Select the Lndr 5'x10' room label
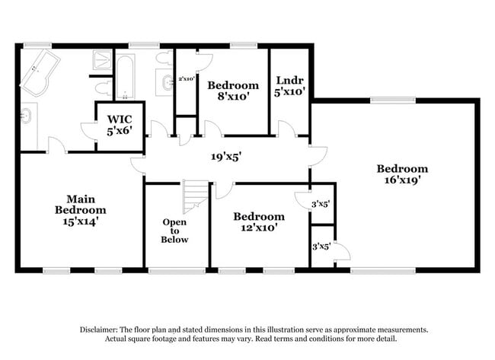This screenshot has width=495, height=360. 290,85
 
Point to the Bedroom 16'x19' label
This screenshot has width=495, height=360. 402,174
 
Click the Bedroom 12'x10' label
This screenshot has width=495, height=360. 258,221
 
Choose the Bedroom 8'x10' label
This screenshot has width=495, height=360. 233,91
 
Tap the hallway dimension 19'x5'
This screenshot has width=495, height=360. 226,157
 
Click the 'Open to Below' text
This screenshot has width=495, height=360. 174,231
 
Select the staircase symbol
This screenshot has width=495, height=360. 196,196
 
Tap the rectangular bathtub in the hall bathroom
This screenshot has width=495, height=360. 124,75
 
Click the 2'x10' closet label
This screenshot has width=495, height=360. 187,78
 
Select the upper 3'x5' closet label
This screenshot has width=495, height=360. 322,204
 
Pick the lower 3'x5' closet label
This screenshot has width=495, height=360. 321,246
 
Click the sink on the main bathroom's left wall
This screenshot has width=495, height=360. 25,117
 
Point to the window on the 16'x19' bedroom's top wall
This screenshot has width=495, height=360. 393,99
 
